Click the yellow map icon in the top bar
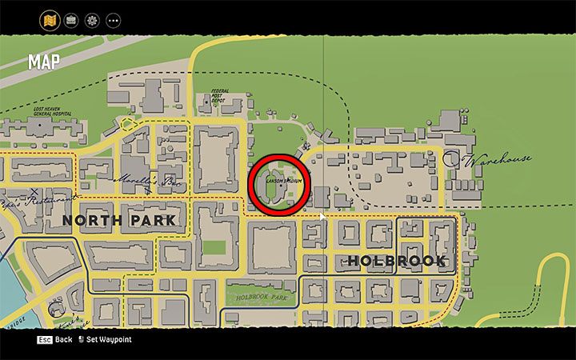[49, 19]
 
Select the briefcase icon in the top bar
[70, 19]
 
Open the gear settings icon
[92, 19]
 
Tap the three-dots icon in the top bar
[114, 19]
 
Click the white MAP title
[43, 62]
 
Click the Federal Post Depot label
[218, 96]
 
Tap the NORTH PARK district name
[118, 220]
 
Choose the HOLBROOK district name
[396, 261]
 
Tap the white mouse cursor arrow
[323, 218]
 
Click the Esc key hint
[44, 340]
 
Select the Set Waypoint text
[109, 340]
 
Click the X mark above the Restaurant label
[34, 191]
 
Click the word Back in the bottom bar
[64, 340]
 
